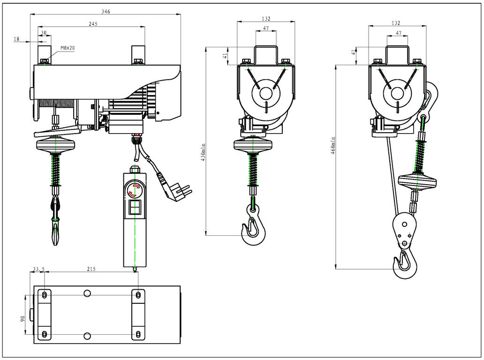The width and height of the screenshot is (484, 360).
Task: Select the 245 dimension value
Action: tap(92, 23)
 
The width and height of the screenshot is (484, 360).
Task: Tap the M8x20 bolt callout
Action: tap(68, 48)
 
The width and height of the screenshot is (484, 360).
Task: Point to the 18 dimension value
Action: tap(17, 39)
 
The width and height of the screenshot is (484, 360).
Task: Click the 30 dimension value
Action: tap(44, 33)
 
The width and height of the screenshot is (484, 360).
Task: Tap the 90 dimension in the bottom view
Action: tap(22, 319)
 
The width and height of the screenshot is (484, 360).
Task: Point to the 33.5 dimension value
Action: tap(38, 269)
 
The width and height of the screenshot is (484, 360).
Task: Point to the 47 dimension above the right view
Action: tap(399, 33)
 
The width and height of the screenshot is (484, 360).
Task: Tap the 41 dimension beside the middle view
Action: tap(225, 55)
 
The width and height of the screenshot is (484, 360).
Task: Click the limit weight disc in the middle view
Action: tap(254, 145)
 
